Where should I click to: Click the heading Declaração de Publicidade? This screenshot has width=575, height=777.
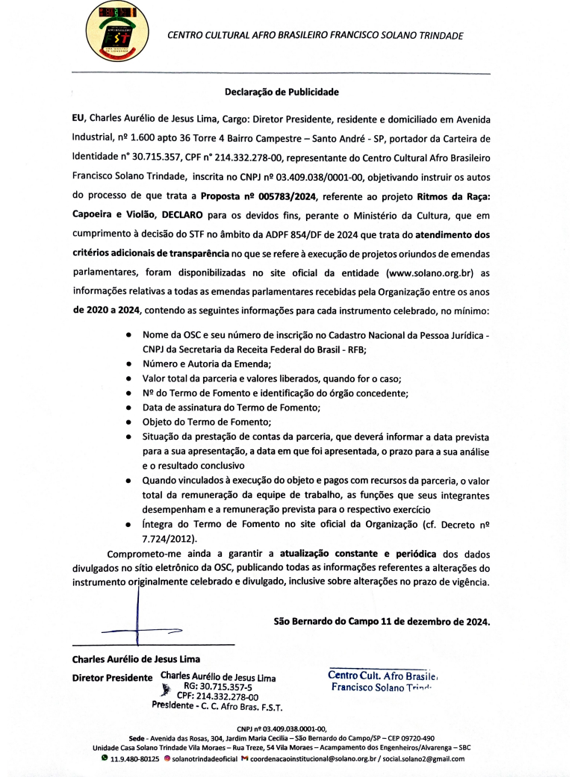[x=282, y=93]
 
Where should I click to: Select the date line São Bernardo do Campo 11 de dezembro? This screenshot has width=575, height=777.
[x=382, y=620]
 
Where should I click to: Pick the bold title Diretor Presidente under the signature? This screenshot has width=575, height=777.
[x=112, y=678]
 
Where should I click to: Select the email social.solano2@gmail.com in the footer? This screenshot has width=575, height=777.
[x=423, y=759]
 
